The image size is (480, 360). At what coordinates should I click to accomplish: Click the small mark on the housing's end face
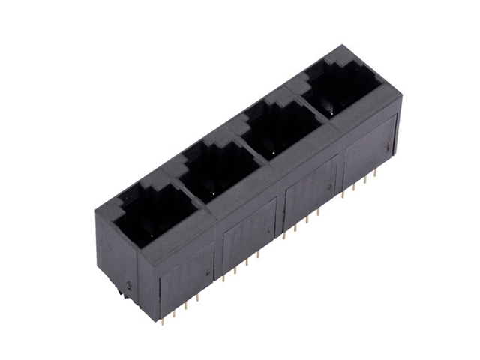130,285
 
